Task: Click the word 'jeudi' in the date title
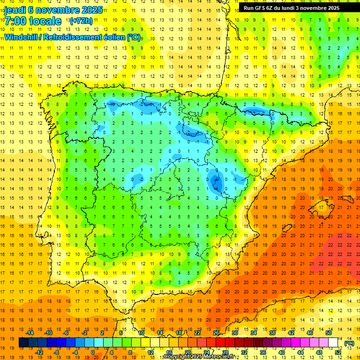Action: coord(16,10)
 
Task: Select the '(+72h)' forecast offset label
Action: coord(81,21)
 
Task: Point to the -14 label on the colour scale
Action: coord(31,333)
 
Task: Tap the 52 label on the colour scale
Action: coord(338,352)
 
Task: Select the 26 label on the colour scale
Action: coord(216,333)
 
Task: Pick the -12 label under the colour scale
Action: coord(39,352)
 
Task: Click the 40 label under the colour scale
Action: coord(281,352)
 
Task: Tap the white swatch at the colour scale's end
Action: coord(333,343)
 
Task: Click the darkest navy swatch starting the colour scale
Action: coord(23,343)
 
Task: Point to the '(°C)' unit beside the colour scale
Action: coord(349,343)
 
